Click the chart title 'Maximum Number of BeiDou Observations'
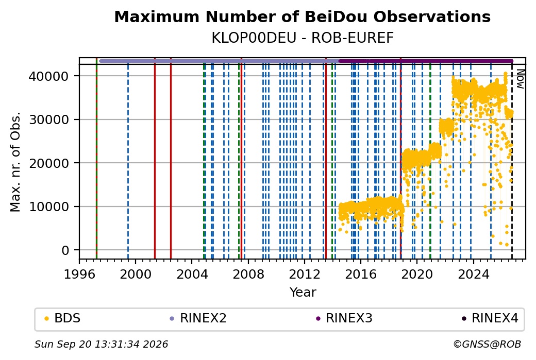tap(302, 16)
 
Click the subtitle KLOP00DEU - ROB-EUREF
tap(303, 38)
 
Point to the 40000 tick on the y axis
tap(49, 76)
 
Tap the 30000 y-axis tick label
tap(49, 119)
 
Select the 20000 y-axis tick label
tap(49, 163)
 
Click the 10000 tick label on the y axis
tap(49, 207)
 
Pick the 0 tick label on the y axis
tap(65, 250)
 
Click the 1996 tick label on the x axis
tap(79, 274)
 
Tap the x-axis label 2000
tap(136, 274)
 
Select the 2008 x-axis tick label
tap(248, 274)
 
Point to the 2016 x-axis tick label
tap(361, 274)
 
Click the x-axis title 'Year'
tap(303, 293)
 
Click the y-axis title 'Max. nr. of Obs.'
tap(15, 162)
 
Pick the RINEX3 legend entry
tap(344, 318)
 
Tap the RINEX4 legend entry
tap(490, 318)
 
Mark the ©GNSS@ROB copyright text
tap(487, 344)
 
